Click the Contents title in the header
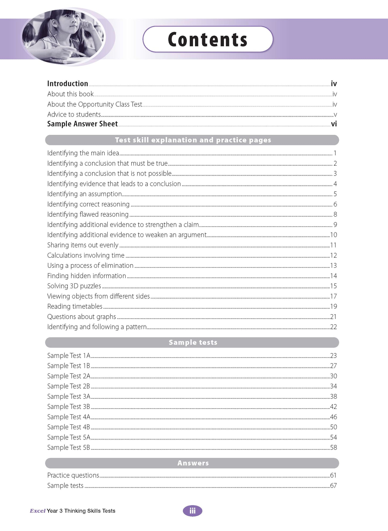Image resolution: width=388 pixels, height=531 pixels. coord(208,39)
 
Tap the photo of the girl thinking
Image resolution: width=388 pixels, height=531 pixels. coord(64,37)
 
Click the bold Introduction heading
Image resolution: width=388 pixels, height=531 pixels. coord(68,84)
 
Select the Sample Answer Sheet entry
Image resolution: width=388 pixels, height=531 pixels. coord(82,124)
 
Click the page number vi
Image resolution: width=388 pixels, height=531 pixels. coord(334,124)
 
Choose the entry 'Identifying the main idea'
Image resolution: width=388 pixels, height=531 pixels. coord(83,153)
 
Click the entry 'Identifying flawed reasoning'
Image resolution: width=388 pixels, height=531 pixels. coord(88,214)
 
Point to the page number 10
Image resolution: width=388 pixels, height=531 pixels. coord(333,235)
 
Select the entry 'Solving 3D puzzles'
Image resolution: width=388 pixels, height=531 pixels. coord(74,286)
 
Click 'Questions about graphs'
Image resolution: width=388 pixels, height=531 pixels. coord(82,317)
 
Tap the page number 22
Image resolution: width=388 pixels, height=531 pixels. coord(333,327)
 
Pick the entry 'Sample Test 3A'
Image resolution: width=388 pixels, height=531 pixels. coord(69,397)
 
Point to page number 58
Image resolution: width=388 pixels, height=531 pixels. coord(333,448)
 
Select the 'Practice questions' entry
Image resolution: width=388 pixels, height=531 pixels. coord(73,475)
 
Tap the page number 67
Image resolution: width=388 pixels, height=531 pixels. coord(333,486)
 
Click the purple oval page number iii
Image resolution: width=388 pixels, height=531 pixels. coord(193,511)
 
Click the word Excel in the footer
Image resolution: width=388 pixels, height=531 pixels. coord(38,511)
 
